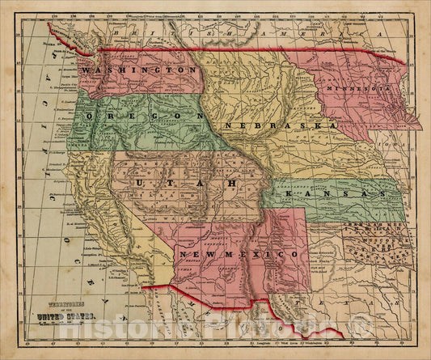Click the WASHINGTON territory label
pyautogui.click(x=139, y=71)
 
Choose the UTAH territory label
pyautogui.click(x=181, y=184)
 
